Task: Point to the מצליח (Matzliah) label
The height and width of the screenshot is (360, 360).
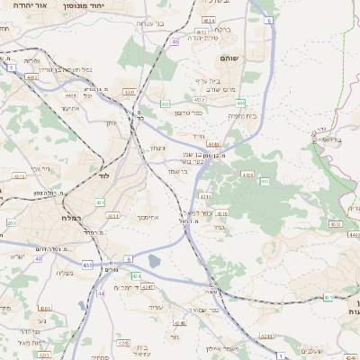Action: tap(64, 273)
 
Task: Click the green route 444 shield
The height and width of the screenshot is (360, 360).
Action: tap(213, 143)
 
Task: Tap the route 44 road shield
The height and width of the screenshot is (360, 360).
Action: tap(101, 292)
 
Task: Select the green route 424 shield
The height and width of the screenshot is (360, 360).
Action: tap(136, 275)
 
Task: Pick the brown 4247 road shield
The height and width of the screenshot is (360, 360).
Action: tap(148, 286)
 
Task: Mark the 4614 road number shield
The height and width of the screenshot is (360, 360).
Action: tap(210, 18)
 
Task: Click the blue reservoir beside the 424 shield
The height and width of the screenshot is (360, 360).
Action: tap(154, 262)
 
